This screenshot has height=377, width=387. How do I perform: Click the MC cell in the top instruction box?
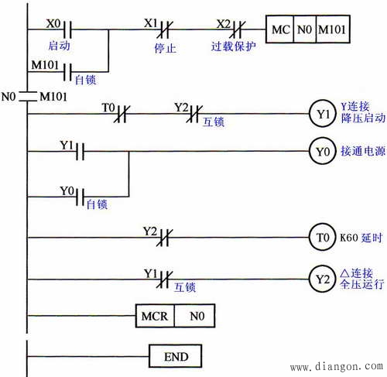[279, 30]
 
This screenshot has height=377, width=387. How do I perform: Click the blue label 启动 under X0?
[58, 46]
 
